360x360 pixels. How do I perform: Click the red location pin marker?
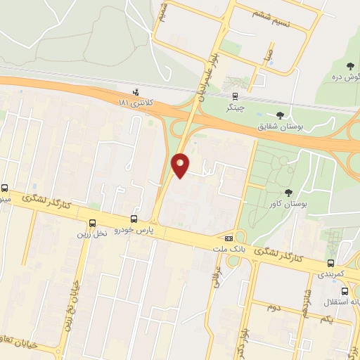(181, 165)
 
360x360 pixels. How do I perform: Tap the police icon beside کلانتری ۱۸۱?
(136, 92)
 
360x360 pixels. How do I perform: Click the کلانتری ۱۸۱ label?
(135, 103)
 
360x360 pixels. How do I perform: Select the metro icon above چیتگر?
(235, 97)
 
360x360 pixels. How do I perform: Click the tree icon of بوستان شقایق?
(281, 115)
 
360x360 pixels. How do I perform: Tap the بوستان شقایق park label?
(280, 127)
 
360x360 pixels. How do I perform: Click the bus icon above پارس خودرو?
(134, 219)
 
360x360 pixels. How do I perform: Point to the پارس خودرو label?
(135, 231)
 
